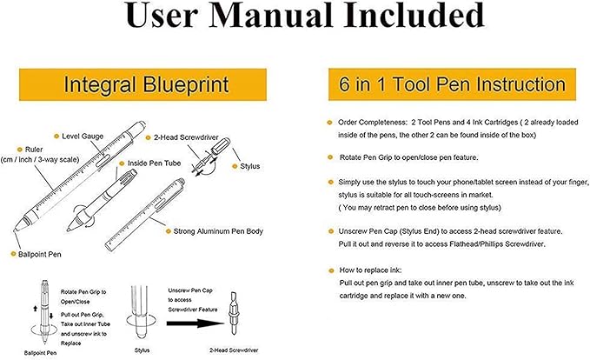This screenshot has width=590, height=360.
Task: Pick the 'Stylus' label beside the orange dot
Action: (253, 165)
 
